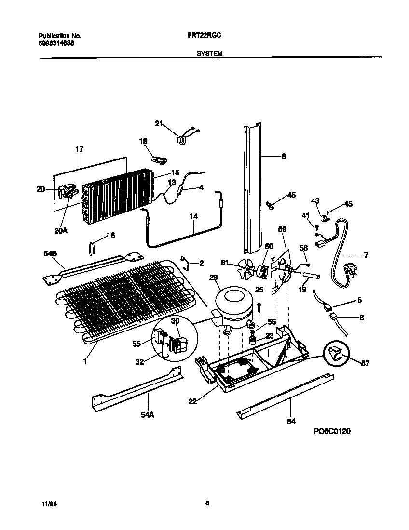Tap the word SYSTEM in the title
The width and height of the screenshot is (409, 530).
coord(209,54)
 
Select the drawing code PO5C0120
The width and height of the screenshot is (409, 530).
coord(332,431)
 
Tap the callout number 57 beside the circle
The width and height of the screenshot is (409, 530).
coord(365,363)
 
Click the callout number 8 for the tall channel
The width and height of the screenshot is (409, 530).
coord(284,156)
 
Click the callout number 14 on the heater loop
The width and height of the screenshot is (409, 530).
coord(193,217)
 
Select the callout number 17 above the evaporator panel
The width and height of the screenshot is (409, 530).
coord(79,149)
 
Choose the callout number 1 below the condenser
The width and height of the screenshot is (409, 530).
coord(85,360)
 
